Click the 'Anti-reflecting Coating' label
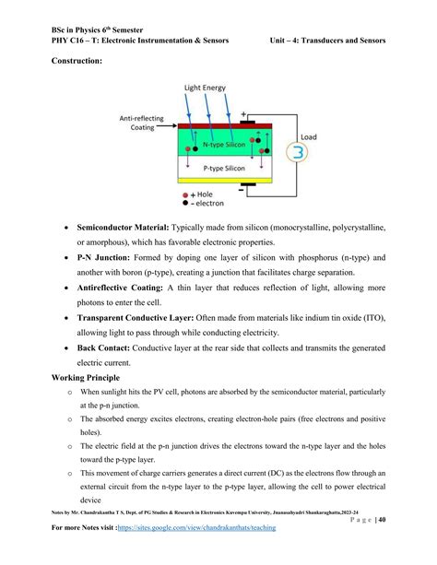(140, 122)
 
